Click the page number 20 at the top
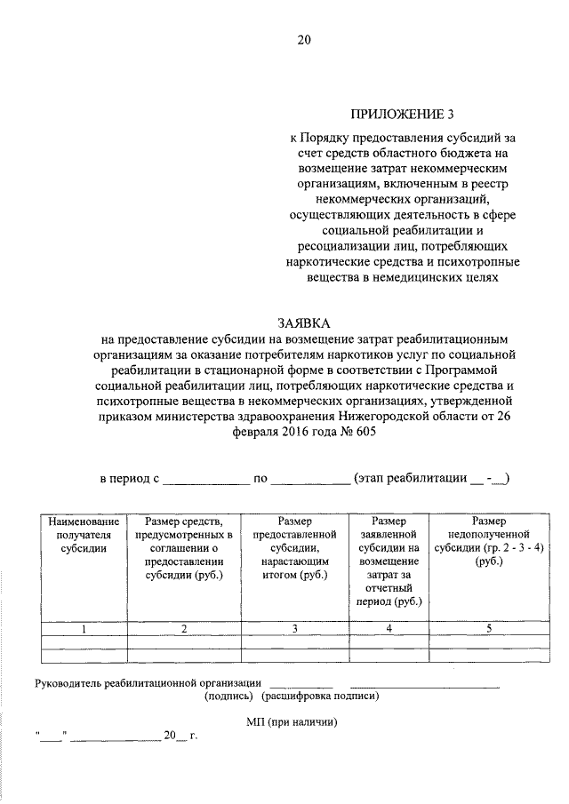point(305,40)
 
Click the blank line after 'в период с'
point(205,480)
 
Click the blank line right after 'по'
point(309,480)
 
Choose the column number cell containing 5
point(488,630)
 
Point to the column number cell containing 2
point(184,630)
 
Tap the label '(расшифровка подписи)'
point(320,697)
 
